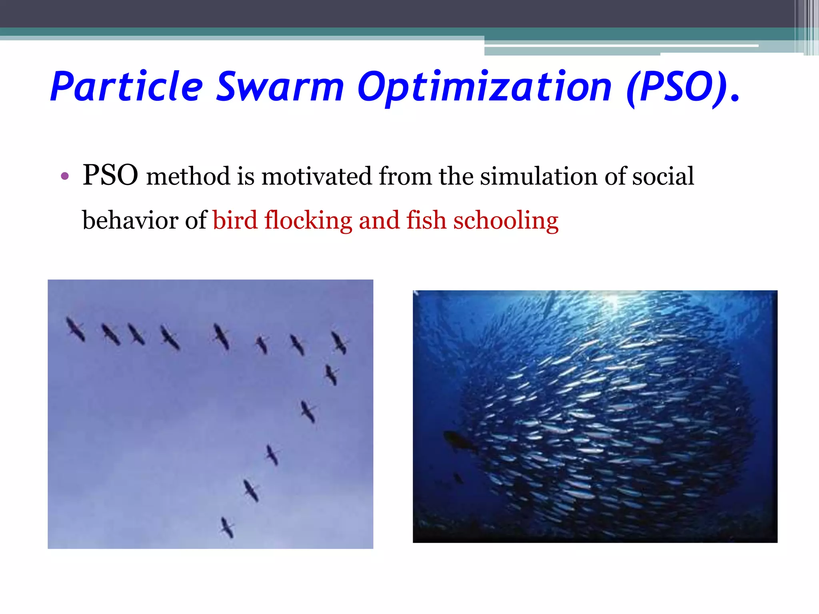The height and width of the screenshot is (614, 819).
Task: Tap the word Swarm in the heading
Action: [280, 87]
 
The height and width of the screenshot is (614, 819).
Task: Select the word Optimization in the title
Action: [484, 87]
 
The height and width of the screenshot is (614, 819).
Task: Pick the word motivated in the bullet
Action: [316, 176]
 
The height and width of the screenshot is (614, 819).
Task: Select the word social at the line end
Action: [663, 176]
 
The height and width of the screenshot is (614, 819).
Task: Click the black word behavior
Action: [130, 220]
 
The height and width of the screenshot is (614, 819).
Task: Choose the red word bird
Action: [235, 220]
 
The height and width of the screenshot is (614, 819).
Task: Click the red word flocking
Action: [308, 221]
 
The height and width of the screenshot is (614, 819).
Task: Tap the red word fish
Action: [426, 220]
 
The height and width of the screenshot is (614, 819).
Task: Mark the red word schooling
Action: [506, 221]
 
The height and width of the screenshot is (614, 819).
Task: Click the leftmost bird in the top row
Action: [75, 329]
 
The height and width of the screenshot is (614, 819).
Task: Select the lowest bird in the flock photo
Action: [227, 527]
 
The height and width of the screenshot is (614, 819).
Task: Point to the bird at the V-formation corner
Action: [339, 343]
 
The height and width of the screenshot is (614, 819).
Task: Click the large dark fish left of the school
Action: [459, 441]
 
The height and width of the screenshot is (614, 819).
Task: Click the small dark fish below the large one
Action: [458, 478]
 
